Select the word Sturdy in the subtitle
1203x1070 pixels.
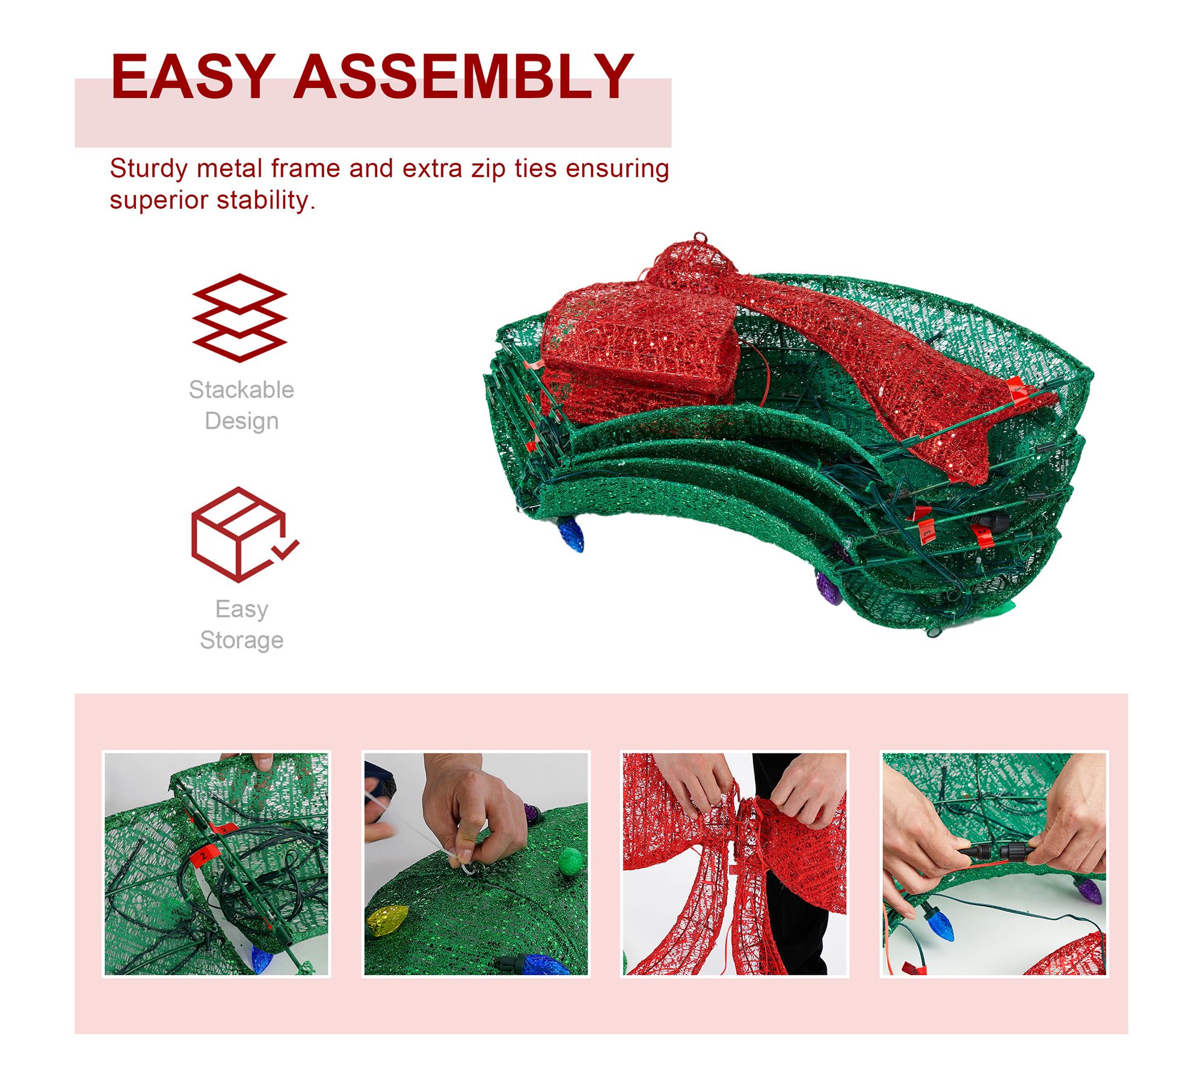[149, 170]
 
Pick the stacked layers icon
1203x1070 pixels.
[239, 318]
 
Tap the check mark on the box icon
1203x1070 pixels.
[285, 549]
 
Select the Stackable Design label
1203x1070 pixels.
[242, 405]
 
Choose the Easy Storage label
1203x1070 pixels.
[242, 624]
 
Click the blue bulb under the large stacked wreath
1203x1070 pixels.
[571, 534]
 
